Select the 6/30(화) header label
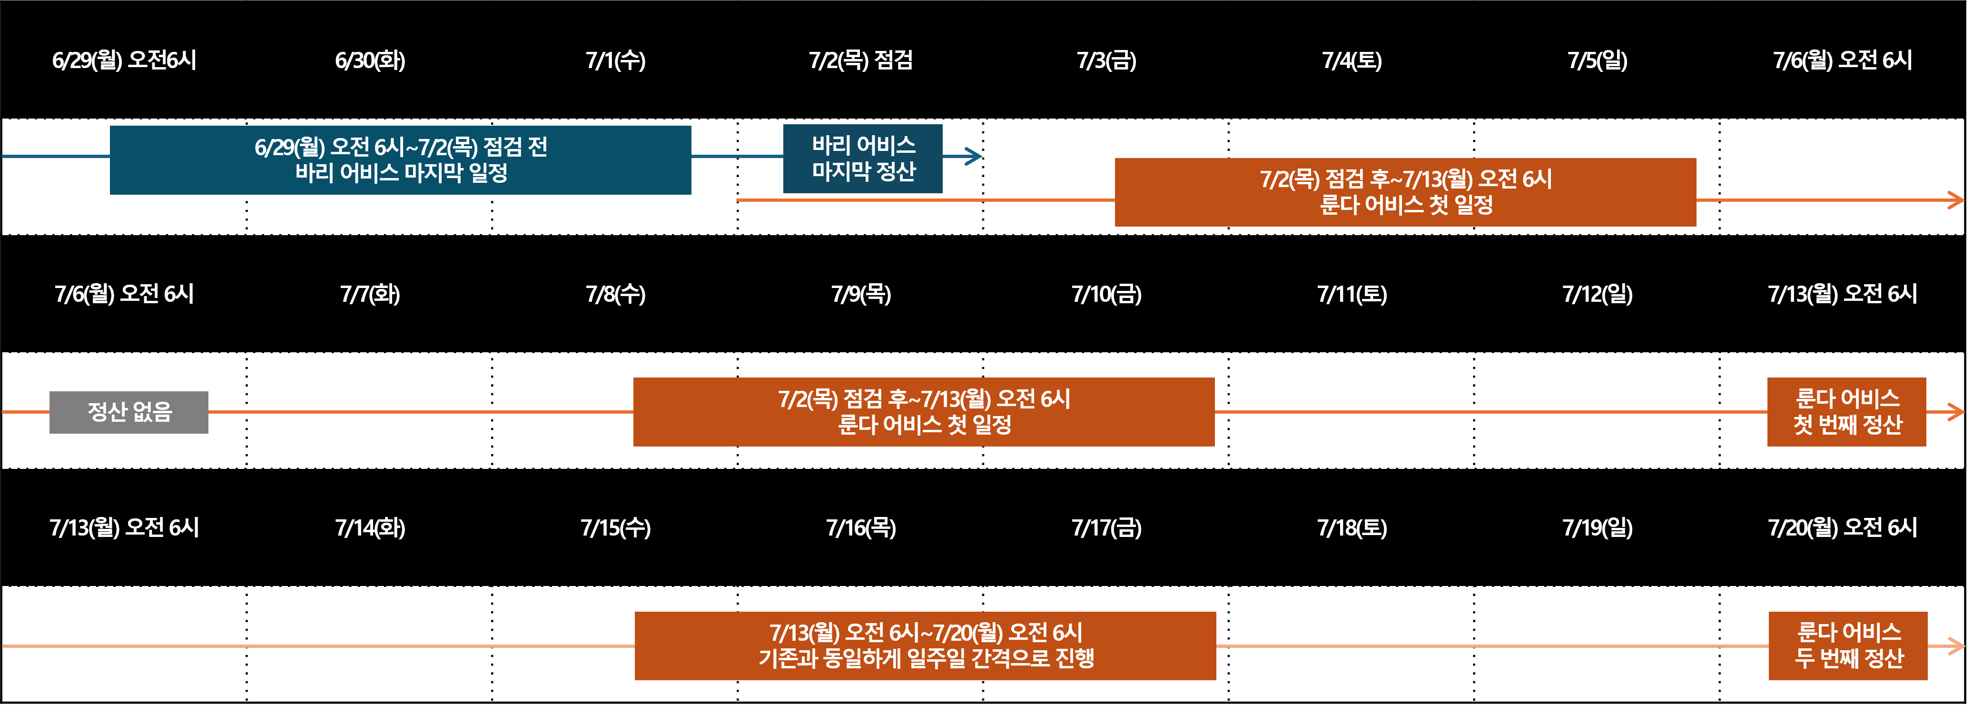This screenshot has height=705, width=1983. tap(370, 60)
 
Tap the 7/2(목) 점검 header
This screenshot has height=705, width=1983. tap(861, 60)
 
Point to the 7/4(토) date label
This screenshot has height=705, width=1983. tap(1352, 60)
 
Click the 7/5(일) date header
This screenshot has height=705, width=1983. tap(1598, 60)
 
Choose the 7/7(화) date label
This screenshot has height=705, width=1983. tap(370, 294)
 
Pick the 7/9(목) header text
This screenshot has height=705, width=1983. tap(861, 294)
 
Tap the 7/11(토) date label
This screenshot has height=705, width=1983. tap(1352, 294)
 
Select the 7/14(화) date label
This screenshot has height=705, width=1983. tap(370, 528)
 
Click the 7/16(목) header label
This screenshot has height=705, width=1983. tap(861, 528)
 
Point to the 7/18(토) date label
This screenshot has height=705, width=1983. tap(1352, 528)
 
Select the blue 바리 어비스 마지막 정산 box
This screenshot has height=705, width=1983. tap(863, 159)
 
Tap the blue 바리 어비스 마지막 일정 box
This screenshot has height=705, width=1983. tap(400, 160)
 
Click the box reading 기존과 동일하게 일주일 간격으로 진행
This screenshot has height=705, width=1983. tap(925, 646)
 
